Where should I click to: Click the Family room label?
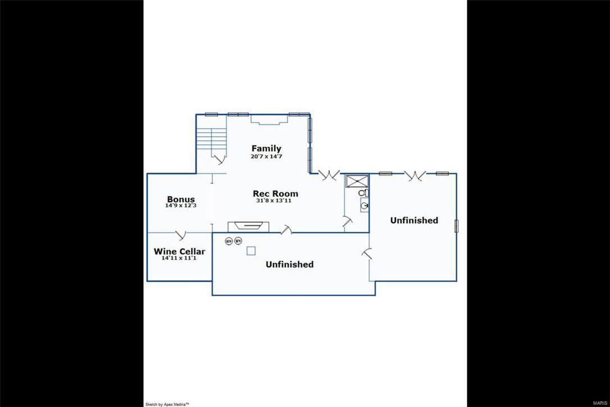[266, 148]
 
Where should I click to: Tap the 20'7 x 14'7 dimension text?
[266, 156]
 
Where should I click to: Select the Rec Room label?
[275, 193]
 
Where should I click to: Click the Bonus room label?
[181, 199]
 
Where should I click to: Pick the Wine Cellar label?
[179, 251]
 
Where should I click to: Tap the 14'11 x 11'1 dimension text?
[179, 259]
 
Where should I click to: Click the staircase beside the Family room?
[211, 139]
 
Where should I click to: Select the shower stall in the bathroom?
[355, 181]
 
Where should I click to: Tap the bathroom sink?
[364, 206]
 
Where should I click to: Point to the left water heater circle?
[229, 241]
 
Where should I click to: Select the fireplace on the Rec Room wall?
[248, 226]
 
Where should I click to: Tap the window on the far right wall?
[457, 225]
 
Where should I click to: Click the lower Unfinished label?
[289, 264]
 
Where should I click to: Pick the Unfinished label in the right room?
[414, 220]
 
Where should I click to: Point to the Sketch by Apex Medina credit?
[167, 404]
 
